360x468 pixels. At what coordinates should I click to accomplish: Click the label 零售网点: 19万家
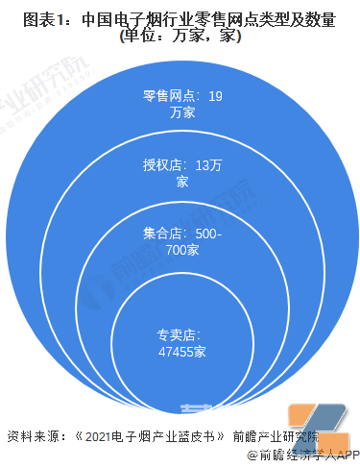click(x=181, y=104)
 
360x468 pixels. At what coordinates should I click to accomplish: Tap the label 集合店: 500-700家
click(x=181, y=242)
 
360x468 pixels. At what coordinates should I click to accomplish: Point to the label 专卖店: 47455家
click(x=181, y=344)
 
